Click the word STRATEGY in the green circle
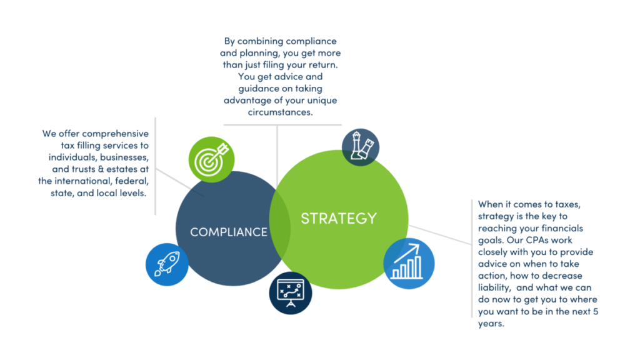pos(339,218)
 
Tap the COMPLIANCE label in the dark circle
pos(229,232)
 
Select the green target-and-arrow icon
pos(211,159)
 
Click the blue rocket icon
pos(167,264)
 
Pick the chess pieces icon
pos(361,147)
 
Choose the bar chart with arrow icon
pos(409,263)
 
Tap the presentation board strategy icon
pos(291,293)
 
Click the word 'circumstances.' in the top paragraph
pos(281,112)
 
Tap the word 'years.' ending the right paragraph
pos(491,324)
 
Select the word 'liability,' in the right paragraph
pos(494,287)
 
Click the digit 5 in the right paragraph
pos(596,311)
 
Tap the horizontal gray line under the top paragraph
pos(282,125)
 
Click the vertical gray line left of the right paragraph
pos(472,259)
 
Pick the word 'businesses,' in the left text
pos(124,157)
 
